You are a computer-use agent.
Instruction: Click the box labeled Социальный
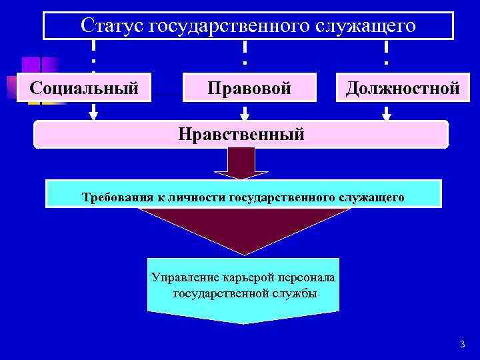click(84, 87)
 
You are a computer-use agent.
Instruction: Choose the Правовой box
click(249, 88)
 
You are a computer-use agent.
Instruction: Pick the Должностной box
click(402, 88)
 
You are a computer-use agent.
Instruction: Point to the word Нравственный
click(241, 134)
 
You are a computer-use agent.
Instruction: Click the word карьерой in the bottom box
click(241, 277)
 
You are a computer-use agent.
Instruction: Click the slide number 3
click(461, 344)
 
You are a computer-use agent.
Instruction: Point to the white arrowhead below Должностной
click(386, 115)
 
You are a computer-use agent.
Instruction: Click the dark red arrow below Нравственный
click(241, 163)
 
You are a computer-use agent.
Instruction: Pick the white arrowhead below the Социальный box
click(93, 115)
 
